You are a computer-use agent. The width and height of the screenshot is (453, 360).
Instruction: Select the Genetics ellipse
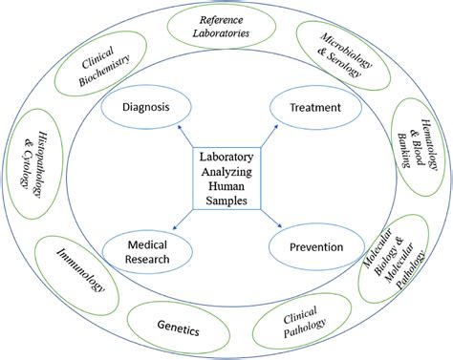click(x=179, y=329)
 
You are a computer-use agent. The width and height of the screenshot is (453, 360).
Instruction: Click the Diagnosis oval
click(x=146, y=108)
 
